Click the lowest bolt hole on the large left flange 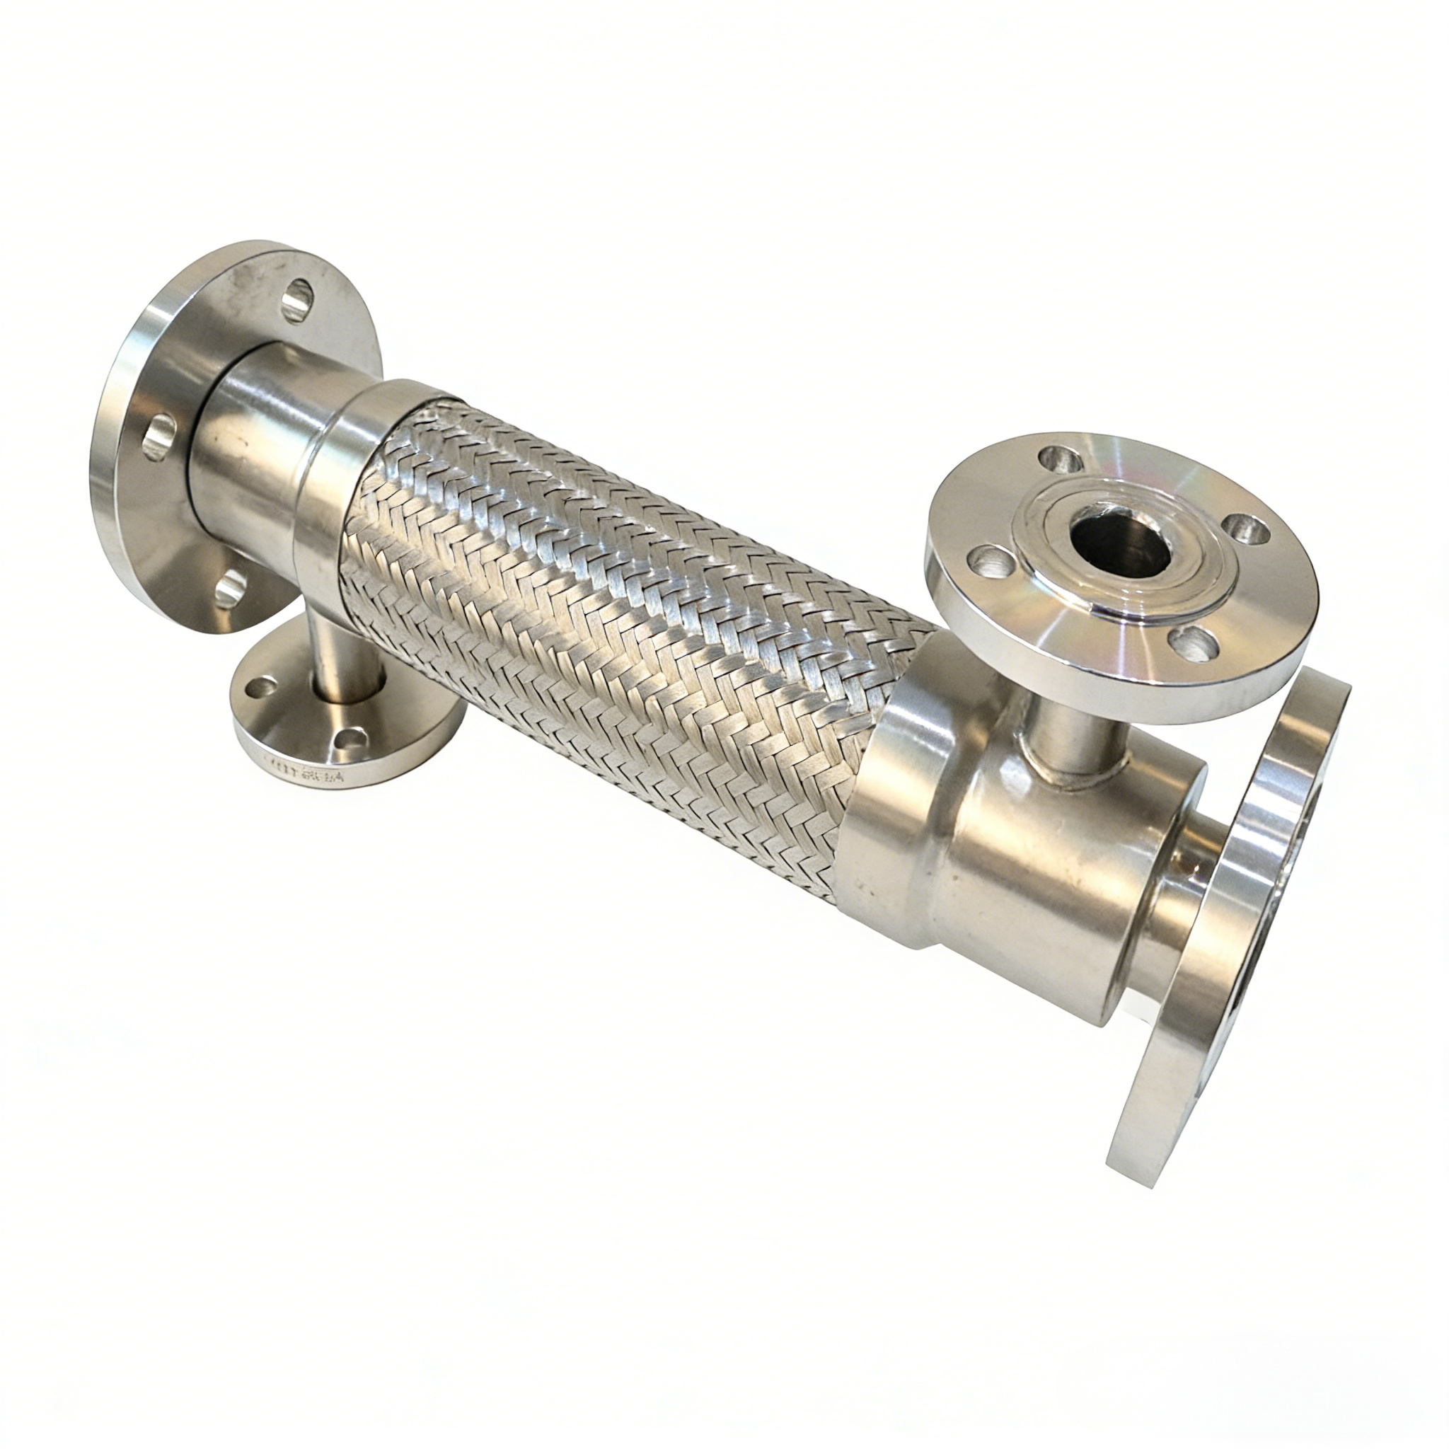(229, 587)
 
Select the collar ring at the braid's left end (337, 487)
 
